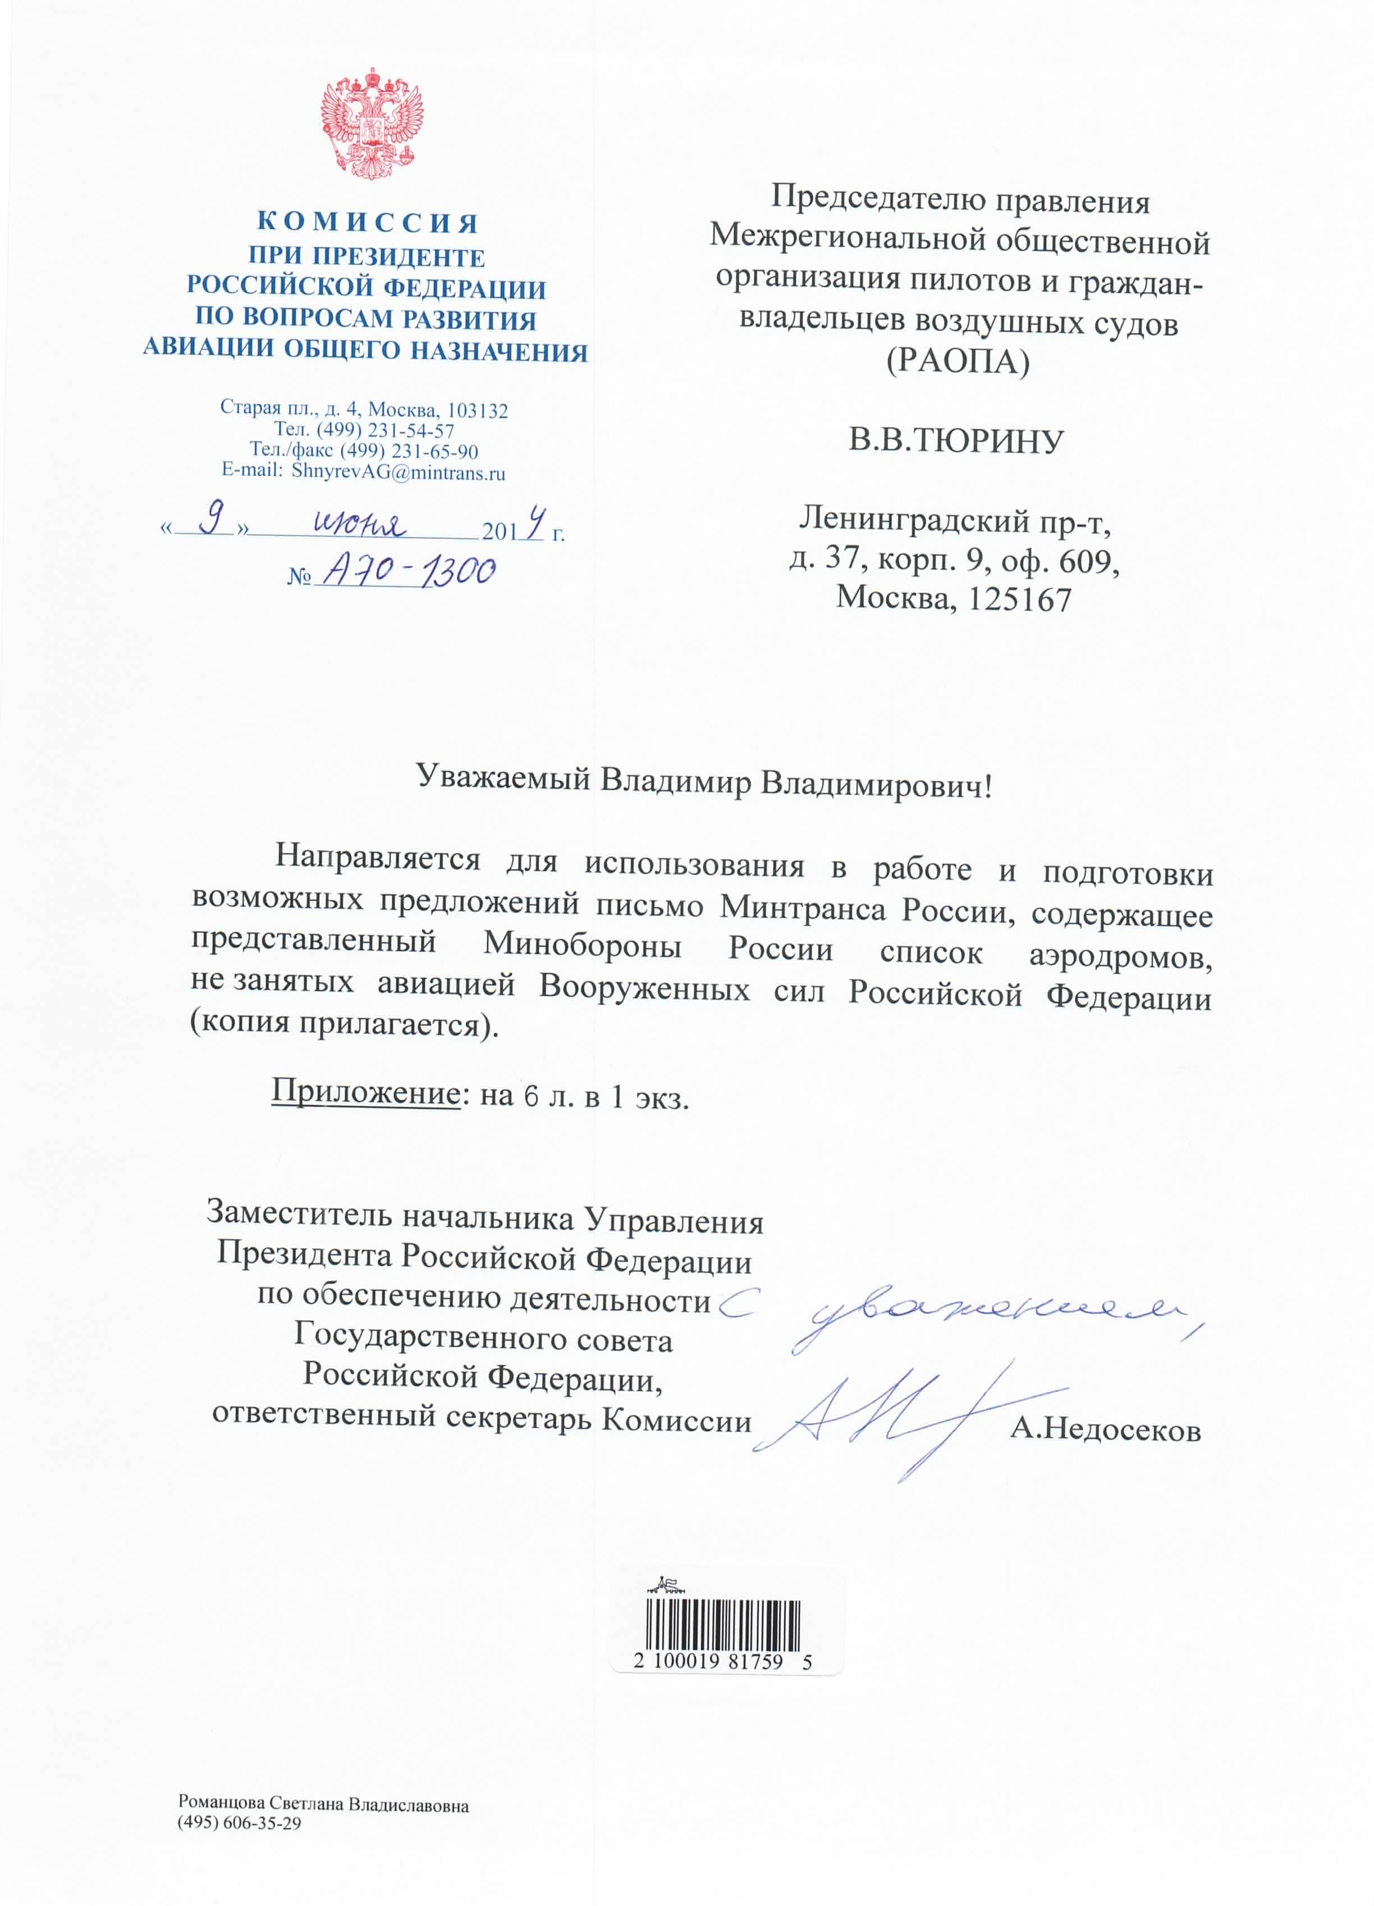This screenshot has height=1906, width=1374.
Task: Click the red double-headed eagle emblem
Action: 372,125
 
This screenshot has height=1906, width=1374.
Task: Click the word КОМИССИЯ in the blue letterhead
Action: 367,223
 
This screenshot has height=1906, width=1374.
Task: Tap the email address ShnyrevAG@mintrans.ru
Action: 399,473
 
